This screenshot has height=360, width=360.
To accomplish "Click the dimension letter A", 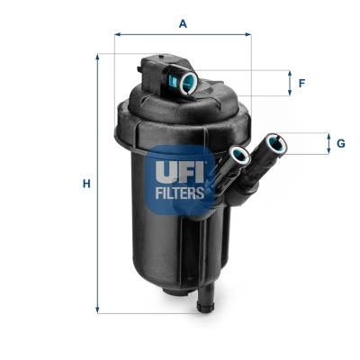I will click(183, 23).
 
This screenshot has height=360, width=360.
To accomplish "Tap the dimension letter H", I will click(86, 184).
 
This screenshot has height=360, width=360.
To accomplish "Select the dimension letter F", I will click(302, 84).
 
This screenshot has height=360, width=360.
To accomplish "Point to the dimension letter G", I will click(341, 143).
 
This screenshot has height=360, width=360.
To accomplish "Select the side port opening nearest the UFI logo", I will click(238, 155).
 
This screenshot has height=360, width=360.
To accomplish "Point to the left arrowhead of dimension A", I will click(117, 36).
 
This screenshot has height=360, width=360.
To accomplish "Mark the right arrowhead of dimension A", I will click(249, 36).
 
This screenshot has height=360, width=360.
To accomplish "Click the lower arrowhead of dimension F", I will click(289, 94).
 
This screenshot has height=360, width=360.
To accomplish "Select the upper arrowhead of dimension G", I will click(328, 136).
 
